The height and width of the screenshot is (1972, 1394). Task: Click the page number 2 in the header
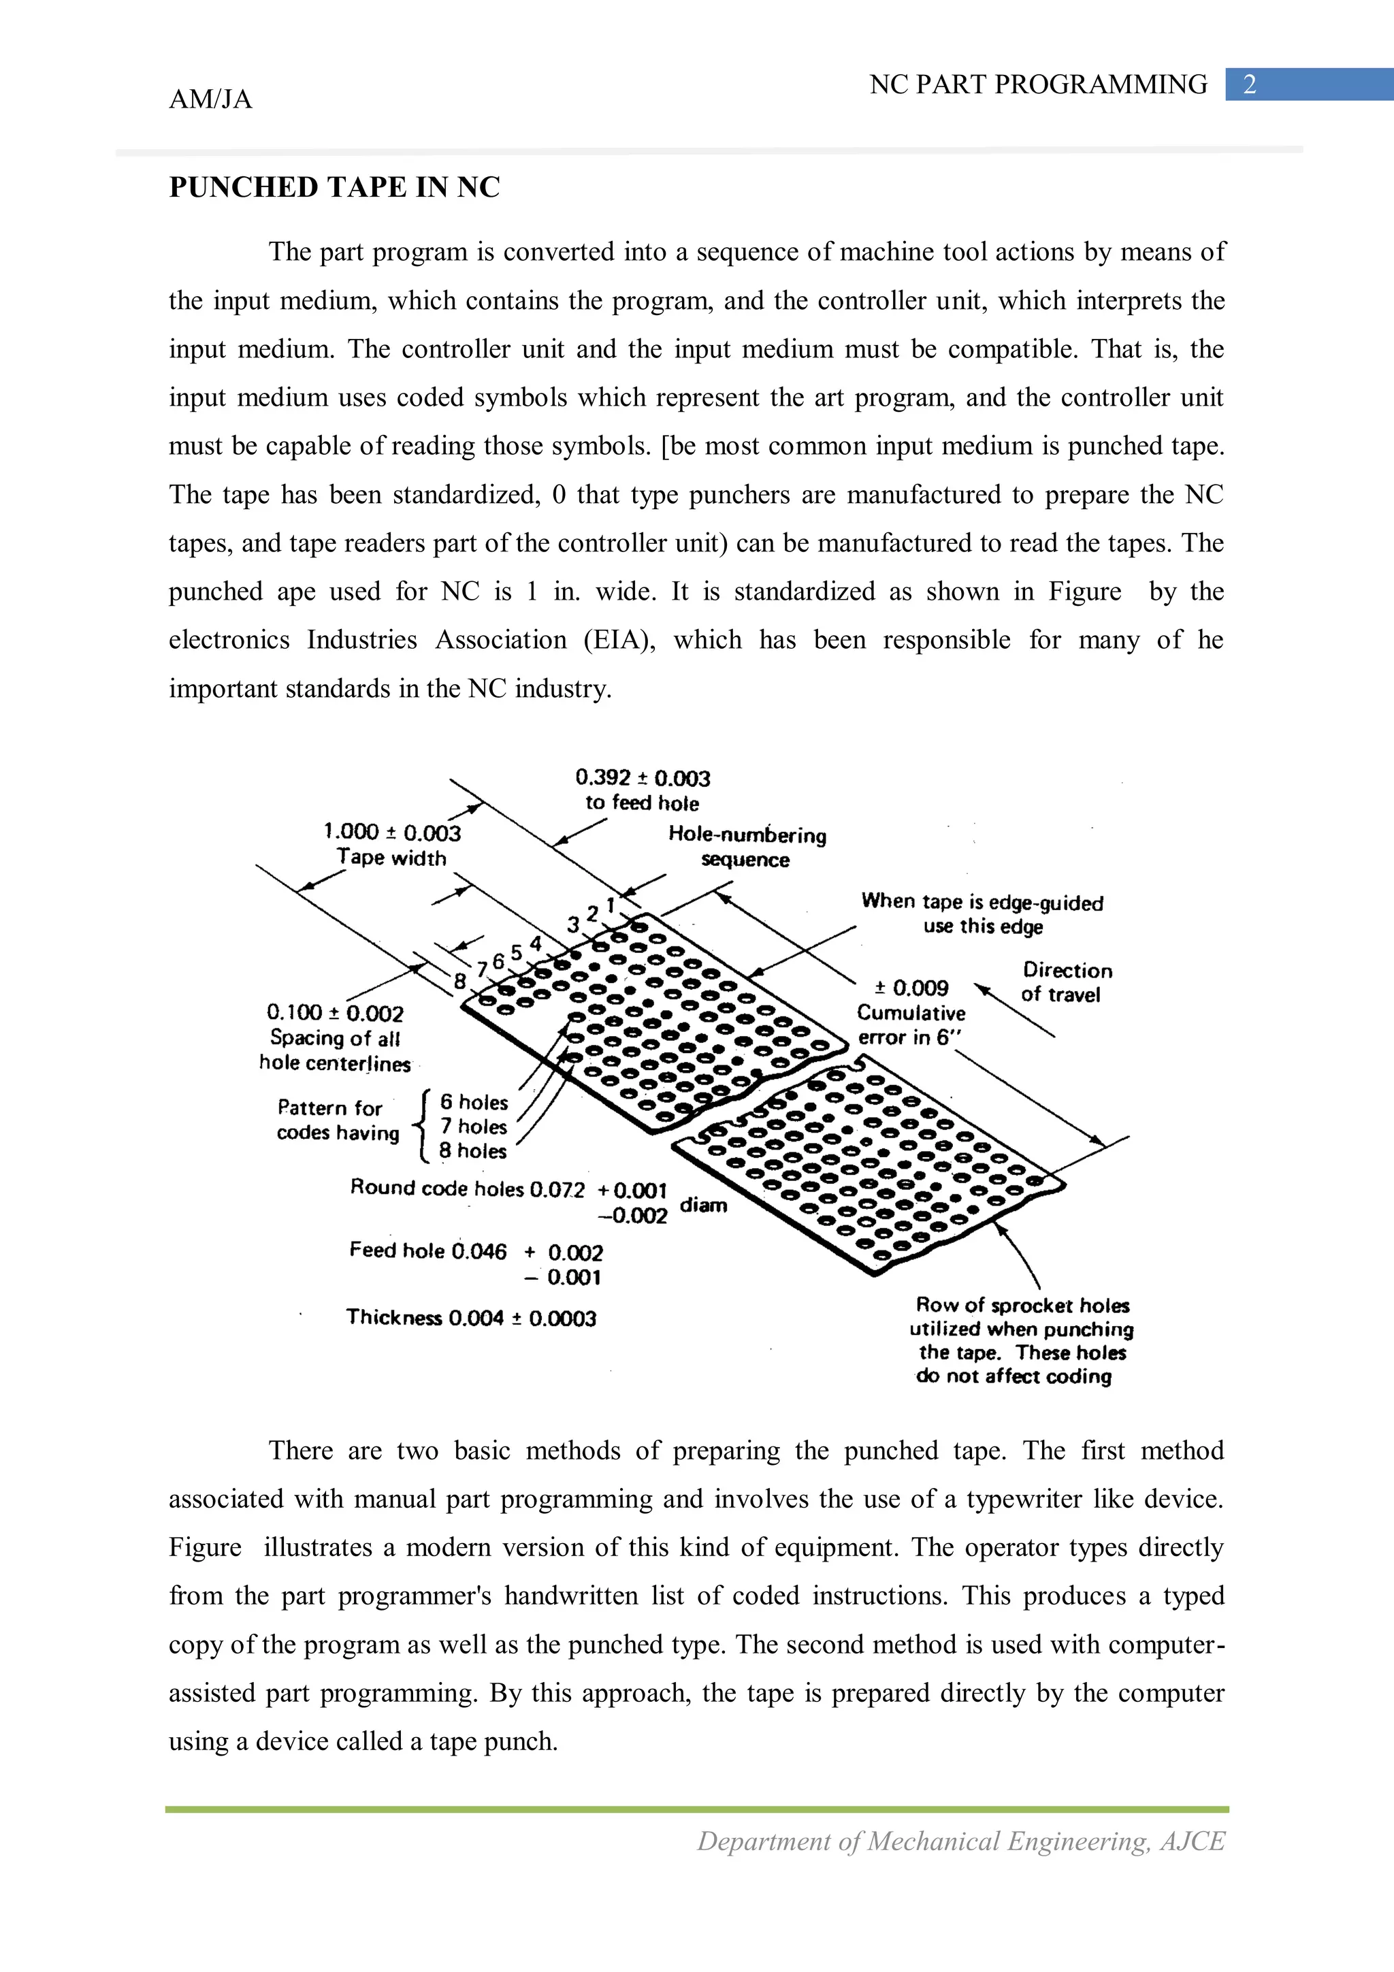pyautogui.click(x=1250, y=84)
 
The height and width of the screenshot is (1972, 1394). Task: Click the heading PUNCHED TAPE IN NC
pyautogui.click(x=334, y=187)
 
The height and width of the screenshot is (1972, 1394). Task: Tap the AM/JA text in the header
pyautogui.click(x=210, y=99)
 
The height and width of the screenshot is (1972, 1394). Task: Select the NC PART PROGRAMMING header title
pyautogui.click(x=1037, y=84)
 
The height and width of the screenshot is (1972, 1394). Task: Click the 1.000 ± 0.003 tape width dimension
pyautogui.click(x=391, y=833)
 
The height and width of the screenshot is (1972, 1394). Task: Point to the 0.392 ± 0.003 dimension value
pyautogui.click(x=643, y=778)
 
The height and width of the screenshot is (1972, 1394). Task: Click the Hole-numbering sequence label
pyautogui.click(x=747, y=847)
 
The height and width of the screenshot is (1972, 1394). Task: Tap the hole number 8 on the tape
pyautogui.click(x=459, y=981)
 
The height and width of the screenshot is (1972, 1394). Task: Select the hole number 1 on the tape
pyautogui.click(x=611, y=905)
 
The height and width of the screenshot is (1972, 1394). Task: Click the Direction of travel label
pyautogui.click(x=1066, y=982)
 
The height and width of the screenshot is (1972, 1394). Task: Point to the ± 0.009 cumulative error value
pyautogui.click(x=911, y=988)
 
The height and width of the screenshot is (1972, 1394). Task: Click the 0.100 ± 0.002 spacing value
pyautogui.click(x=335, y=1014)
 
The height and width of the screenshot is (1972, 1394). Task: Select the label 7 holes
pyautogui.click(x=473, y=1126)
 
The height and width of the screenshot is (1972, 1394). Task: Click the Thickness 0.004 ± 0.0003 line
pyautogui.click(x=470, y=1319)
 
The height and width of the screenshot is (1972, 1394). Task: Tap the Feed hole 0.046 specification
pyautogui.click(x=427, y=1250)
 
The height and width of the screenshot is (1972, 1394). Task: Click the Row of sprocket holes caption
pyautogui.click(x=1022, y=1306)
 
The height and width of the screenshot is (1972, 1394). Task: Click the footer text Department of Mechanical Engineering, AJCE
pyautogui.click(x=960, y=1841)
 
